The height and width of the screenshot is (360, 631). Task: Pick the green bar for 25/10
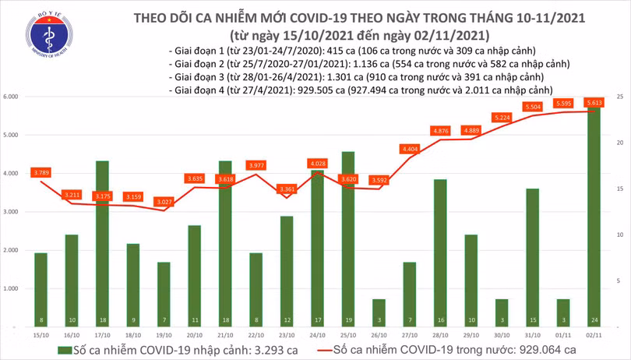point(348,238)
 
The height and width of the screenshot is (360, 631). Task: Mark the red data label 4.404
point(410,148)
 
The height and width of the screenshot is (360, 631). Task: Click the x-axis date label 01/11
point(563,334)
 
